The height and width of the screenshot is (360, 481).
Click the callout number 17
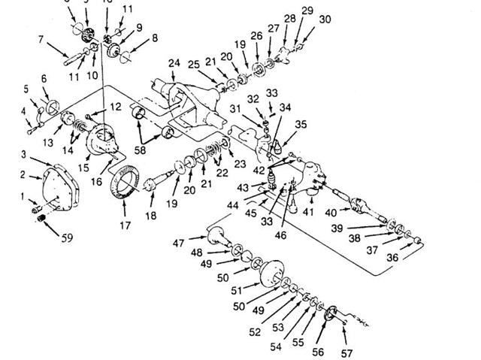point(125,224)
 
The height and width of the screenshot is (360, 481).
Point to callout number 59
point(67,239)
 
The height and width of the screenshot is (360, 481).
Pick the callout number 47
point(179,244)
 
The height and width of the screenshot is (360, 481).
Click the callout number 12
point(115,107)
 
